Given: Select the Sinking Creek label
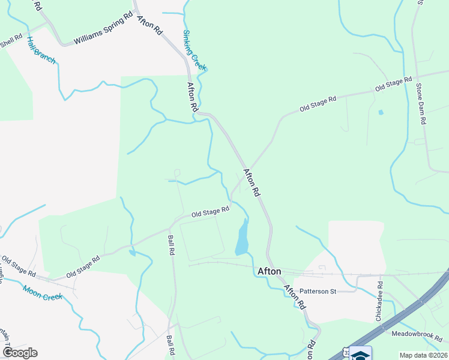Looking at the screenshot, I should pyautogui.click(x=194, y=50).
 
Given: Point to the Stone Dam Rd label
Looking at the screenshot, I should pyautogui.click(x=421, y=103).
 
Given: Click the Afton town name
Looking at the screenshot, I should pyautogui.click(x=269, y=271).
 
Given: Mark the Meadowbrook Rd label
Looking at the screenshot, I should pyautogui.click(x=417, y=333).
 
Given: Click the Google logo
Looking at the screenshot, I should pyautogui.click(x=20, y=353).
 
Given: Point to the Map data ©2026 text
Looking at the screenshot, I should pyautogui.click(x=423, y=355).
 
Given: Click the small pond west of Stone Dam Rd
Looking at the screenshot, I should pyautogui.click(x=380, y=112).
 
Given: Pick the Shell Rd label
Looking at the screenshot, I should pyautogui.click(x=10, y=43).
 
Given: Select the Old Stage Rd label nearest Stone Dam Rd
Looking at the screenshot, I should pyautogui.click(x=393, y=84).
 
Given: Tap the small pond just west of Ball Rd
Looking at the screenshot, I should pyautogui.click(x=132, y=253).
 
